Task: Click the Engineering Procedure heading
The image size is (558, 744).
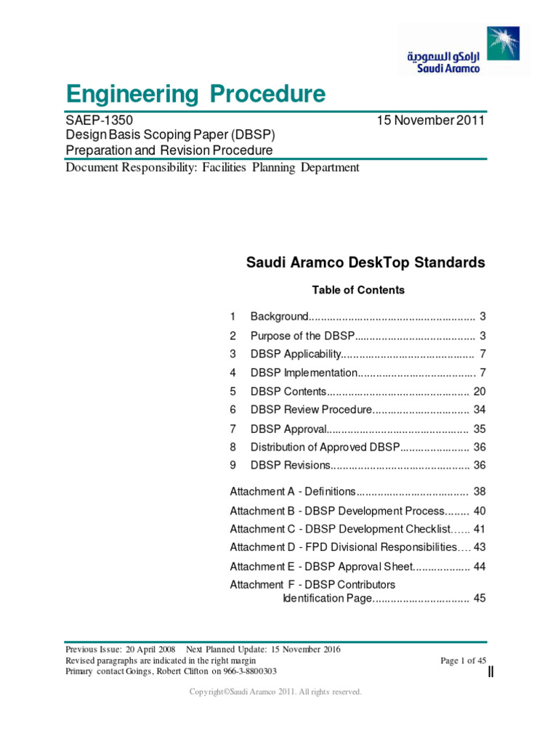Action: click(195, 94)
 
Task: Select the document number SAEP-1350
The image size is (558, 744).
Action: click(99, 121)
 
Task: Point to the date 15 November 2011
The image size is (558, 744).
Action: click(431, 121)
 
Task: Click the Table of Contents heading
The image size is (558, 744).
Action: click(358, 290)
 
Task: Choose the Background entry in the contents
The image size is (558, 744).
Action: click(280, 317)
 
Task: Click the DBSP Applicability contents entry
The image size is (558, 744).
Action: click(296, 354)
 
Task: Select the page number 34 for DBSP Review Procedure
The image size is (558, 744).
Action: click(479, 410)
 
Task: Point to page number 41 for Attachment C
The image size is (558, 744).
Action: click(479, 529)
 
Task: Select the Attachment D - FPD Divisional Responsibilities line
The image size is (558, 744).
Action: click(344, 547)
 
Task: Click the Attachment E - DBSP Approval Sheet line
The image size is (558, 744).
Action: click(320, 566)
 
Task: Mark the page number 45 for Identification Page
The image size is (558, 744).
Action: click(479, 599)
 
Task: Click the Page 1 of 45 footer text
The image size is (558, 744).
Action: click(464, 660)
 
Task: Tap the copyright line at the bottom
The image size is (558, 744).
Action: click(275, 692)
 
